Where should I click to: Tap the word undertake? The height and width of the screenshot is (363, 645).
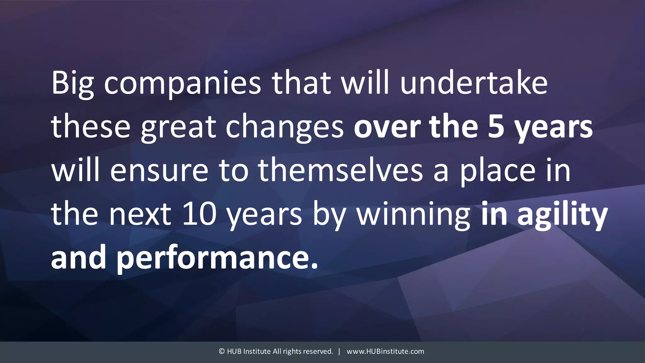(x=474, y=83)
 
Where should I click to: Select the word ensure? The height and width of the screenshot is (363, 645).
(x=159, y=170)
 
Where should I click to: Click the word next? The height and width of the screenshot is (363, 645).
(x=140, y=214)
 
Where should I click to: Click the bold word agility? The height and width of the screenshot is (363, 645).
(x=562, y=214)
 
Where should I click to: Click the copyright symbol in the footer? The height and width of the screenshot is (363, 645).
(x=222, y=351)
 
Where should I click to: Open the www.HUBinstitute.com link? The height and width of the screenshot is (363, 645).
(x=385, y=351)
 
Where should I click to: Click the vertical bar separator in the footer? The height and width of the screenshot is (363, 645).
(x=339, y=351)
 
